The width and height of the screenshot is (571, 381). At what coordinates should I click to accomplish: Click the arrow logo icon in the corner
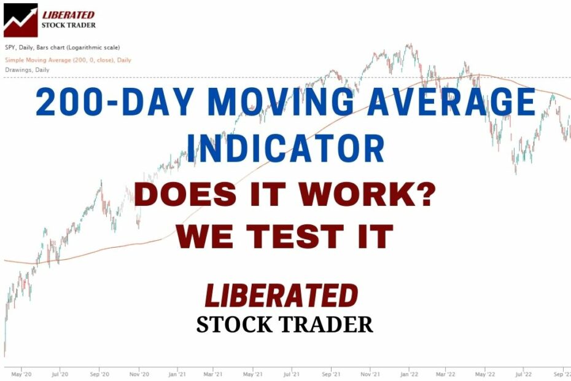pyautogui.click(x=20, y=20)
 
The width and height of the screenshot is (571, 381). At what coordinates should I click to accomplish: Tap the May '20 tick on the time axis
pyautogui.click(x=21, y=374)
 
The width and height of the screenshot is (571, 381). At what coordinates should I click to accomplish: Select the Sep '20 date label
pyautogui.click(x=99, y=374)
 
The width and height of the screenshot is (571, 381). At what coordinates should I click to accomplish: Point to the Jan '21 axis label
pyautogui.click(x=177, y=374)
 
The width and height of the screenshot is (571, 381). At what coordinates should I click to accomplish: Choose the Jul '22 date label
pyautogui.click(x=523, y=374)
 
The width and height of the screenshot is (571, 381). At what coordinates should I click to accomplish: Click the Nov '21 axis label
pyautogui.click(x=368, y=374)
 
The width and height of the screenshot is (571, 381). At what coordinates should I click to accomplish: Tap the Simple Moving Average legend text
pyautogui.click(x=68, y=60)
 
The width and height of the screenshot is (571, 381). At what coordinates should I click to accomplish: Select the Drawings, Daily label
pyautogui.click(x=27, y=70)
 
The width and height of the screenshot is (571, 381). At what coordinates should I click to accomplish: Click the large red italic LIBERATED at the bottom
pyautogui.click(x=281, y=296)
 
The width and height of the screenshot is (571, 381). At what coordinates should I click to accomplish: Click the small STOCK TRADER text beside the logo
pyautogui.click(x=68, y=26)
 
